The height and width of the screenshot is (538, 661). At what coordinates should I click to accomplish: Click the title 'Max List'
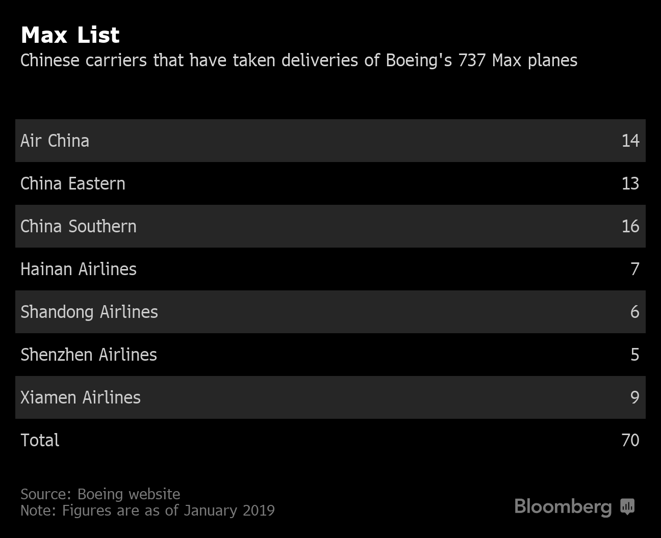point(70,35)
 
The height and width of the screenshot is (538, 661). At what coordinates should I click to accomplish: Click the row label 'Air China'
point(55,141)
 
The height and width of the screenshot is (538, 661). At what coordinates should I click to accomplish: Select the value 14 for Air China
point(630,141)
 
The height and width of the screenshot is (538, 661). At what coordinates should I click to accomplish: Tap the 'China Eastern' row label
point(72,183)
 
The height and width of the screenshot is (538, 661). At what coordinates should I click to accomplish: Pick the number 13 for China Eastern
point(630,183)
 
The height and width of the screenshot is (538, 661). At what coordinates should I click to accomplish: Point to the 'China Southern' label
point(78,226)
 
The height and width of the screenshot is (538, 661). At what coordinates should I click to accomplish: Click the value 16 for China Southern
point(630,226)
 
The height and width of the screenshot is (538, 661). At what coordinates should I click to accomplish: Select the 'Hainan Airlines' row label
point(78,269)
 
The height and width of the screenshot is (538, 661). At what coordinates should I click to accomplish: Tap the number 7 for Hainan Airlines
point(634,269)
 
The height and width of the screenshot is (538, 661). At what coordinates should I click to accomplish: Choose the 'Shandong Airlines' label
point(89,312)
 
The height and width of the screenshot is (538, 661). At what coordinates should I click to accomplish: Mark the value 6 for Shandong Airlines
point(634,312)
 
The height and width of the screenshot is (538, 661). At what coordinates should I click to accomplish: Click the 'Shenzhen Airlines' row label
point(88,355)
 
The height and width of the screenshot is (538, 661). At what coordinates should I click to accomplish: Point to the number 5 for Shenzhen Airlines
point(634,355)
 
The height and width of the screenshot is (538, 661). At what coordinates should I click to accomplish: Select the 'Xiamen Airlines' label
point(80,397)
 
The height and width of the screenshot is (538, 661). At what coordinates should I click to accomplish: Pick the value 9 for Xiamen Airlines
point(634,397)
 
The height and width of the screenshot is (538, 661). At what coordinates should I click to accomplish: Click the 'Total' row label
point(40,440)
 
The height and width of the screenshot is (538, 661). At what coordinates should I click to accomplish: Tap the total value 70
point(630,440)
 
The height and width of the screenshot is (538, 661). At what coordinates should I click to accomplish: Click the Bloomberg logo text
point(563,507)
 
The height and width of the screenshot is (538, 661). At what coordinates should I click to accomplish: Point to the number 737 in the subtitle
point(471,61)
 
